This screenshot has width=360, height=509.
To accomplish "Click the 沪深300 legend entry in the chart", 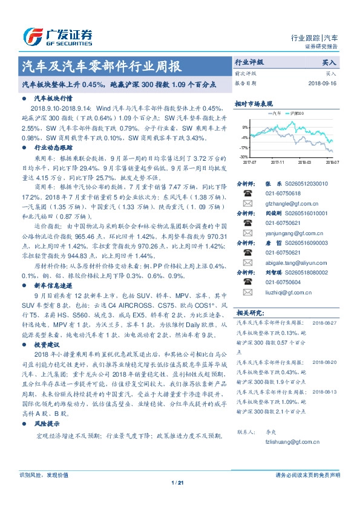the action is [x=296, y=113].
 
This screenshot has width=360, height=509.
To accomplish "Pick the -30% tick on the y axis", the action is [x=243, y=156].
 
